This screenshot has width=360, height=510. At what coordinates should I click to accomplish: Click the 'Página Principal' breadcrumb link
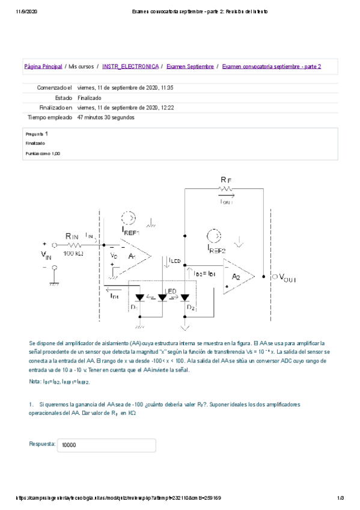click(x=43, y=66)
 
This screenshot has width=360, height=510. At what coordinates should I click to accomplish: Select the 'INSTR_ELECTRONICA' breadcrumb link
click(x=130, y=66)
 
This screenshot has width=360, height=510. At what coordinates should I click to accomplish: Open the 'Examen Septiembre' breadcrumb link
click(x=189, y=66)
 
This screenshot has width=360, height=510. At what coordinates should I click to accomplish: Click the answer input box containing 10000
click(x=108, y=445)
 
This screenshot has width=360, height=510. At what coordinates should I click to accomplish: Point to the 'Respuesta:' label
click(x=42, y=444)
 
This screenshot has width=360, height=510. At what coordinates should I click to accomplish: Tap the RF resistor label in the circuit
click(x=225, y=179)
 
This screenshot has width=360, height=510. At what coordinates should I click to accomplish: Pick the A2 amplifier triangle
click(x=237, y=276)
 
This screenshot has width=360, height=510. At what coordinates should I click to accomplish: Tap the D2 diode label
click(x=191, y=308)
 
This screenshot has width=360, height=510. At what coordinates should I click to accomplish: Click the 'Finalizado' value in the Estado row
click(x=90, y=97)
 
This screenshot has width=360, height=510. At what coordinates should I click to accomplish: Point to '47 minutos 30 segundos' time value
click(x=106, y=117)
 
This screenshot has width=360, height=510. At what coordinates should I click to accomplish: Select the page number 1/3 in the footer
click(x=340, y=498)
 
